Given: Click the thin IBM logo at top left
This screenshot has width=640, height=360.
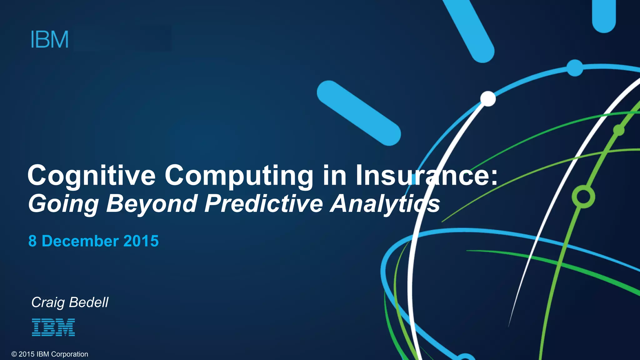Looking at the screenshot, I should point(50,39).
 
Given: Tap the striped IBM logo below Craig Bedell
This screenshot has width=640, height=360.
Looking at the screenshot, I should point(53,327).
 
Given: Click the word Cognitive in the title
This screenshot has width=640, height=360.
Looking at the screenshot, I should point(91,176).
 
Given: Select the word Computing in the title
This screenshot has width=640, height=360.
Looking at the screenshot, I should point(239,176).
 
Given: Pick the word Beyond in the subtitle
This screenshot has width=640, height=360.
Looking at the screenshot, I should point(152,204).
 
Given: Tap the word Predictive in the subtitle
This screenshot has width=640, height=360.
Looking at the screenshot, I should point(264,203).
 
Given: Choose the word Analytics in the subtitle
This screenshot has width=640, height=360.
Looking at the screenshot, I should point(385,204).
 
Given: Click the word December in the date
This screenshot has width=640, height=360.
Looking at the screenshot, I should point(80,241).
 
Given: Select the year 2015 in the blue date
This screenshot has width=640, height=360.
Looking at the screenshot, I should point(141,241).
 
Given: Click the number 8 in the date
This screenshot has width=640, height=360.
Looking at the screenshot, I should point(32,241).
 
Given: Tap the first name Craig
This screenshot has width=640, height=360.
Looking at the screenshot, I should point(48,302).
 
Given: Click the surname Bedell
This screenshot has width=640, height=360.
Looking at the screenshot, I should point(89,302).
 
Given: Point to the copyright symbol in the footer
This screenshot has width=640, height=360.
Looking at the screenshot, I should point(14,354).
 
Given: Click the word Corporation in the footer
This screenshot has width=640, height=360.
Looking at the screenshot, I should point(69,354).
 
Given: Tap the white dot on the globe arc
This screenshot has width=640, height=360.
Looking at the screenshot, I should point(488,99).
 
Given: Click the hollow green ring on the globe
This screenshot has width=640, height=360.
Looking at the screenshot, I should point(583,197).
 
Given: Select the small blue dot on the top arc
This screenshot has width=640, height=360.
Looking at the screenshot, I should point(575,68).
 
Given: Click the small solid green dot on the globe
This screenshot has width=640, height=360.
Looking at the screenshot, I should point(619,130).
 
